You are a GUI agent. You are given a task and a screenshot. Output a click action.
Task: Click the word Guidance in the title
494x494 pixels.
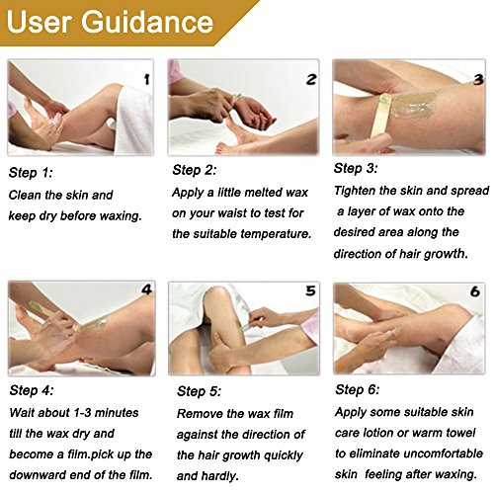tap(147, 22)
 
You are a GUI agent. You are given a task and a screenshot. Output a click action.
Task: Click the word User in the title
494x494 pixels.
tap(39, 22)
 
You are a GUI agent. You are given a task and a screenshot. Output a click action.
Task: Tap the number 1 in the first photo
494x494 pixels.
tap(147, 79)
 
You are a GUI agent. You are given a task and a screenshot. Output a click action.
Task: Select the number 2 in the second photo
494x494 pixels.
tap(311, 79)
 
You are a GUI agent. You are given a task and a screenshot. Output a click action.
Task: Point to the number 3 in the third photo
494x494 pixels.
tap(478, 79)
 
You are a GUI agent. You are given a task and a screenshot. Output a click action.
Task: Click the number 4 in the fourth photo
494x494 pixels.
tap(146, 289)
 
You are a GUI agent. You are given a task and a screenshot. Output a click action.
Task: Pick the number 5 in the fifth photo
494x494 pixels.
tap(310, 290)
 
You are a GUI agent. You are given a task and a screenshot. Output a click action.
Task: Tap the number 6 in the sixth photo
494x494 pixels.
tap(475, 291)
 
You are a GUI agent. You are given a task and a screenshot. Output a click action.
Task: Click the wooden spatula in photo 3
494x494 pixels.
tap(380, 118)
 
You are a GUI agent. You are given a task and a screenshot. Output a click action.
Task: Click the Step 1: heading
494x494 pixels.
tap(31, 173)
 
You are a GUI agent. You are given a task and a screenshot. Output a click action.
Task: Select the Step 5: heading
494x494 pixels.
tap(199, 391)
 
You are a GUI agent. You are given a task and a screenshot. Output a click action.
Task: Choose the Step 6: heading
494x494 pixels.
tap(358, 390)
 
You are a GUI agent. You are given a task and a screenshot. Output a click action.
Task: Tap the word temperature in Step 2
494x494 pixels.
tap(276, 234)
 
